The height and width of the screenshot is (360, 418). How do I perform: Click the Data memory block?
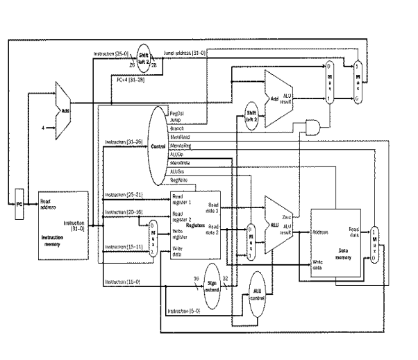[336, 246]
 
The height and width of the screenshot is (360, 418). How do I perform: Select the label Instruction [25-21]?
[125, 195]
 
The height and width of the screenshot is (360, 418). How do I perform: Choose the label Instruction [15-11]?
[125, 247]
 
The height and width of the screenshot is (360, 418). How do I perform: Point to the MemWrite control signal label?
[181, 162]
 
